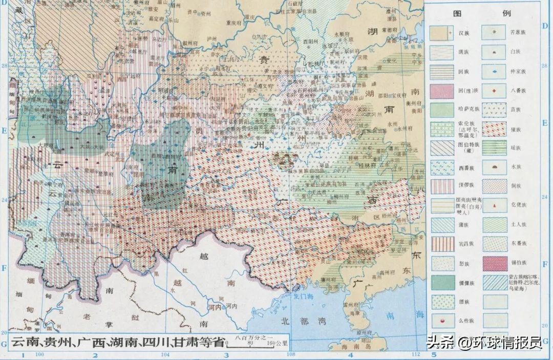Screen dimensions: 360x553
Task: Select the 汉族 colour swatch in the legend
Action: click(x=441, y=32)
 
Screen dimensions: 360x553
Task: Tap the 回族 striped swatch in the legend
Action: click(x=441, y=71)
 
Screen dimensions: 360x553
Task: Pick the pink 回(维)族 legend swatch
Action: click(x=441, y=90)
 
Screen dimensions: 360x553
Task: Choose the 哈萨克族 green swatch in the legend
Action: click(x=441, y=109)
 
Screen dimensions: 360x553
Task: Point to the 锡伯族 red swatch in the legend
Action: click(x=495, y=263)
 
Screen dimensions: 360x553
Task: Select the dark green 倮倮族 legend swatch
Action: click(x=441, y=282)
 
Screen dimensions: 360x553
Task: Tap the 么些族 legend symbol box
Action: click(x=441, y=321)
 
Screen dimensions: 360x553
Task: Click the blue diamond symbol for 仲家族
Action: click(x=495, y=71)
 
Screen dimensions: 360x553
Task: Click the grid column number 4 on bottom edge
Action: click(x=351, y=354)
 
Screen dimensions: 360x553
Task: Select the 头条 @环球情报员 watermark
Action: click(x=484, y=342)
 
